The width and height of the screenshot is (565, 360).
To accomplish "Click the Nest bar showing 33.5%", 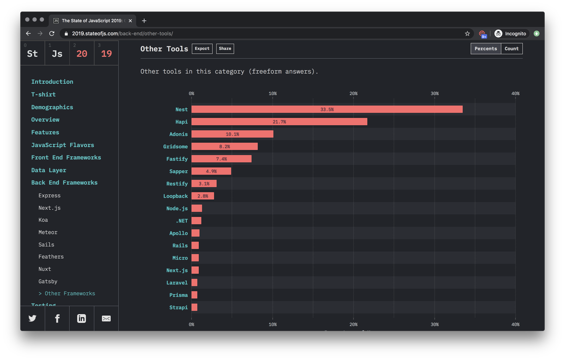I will click(327, 109).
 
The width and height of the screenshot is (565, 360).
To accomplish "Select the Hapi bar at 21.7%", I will click(279, 122).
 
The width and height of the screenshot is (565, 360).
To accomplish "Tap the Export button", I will click(202, 48).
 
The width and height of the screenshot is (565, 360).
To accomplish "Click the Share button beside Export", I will click(225, 48).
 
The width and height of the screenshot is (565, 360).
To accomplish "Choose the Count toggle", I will click(511, 48).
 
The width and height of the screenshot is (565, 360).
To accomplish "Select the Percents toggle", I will click(486, 48).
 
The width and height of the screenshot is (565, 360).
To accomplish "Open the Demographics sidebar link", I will click(52, 107).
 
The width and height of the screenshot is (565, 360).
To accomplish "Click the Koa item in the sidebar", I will click(43, 220).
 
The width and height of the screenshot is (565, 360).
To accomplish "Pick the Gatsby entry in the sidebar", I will click(48, 281).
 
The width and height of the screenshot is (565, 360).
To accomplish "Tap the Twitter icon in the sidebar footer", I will click(32, 319).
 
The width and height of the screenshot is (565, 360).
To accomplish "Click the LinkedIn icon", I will click(81, 319).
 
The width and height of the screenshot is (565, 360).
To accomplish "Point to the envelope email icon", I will click(106, 319).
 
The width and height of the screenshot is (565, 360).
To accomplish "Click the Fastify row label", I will click(177, 159).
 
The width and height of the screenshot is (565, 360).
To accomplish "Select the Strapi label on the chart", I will click(178, 307).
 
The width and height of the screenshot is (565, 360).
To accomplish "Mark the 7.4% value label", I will click(221, 159).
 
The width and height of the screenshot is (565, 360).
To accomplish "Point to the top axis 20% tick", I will click(354, 94).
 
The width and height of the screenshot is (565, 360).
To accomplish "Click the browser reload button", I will click(52, 33).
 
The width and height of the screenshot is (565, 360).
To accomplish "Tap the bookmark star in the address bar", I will click(467, 33).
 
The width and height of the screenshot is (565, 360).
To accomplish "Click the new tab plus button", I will click(144, 20).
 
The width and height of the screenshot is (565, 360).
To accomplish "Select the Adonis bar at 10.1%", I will click(232, 134).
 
